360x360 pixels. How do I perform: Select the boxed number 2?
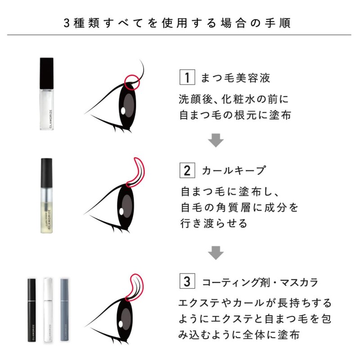click(187, 171)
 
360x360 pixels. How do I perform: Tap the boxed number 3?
click(187, 282)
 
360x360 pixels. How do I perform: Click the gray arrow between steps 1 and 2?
click(216, 140)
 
